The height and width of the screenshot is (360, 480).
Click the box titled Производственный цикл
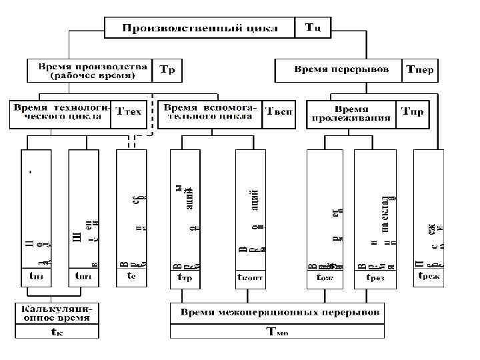(x=199, y=28)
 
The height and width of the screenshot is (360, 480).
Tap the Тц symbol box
(x=313, y=28)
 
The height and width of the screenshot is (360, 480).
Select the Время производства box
(x=91, y=71)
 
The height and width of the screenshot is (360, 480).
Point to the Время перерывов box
(x=338, y=69)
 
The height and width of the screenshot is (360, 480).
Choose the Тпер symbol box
(x=420, y=70)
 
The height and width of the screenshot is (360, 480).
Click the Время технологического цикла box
(x=61, y=113)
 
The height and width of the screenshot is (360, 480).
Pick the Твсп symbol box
(x=279, y=113)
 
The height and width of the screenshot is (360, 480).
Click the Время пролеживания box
(x=351, y=114)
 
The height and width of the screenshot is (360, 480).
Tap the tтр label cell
(x=184, y=278)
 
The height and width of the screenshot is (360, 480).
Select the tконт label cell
(x=250, y=278)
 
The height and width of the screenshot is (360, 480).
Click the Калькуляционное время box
(x=57, y=314)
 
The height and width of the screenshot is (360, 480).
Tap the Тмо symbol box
(x=277, y=331)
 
